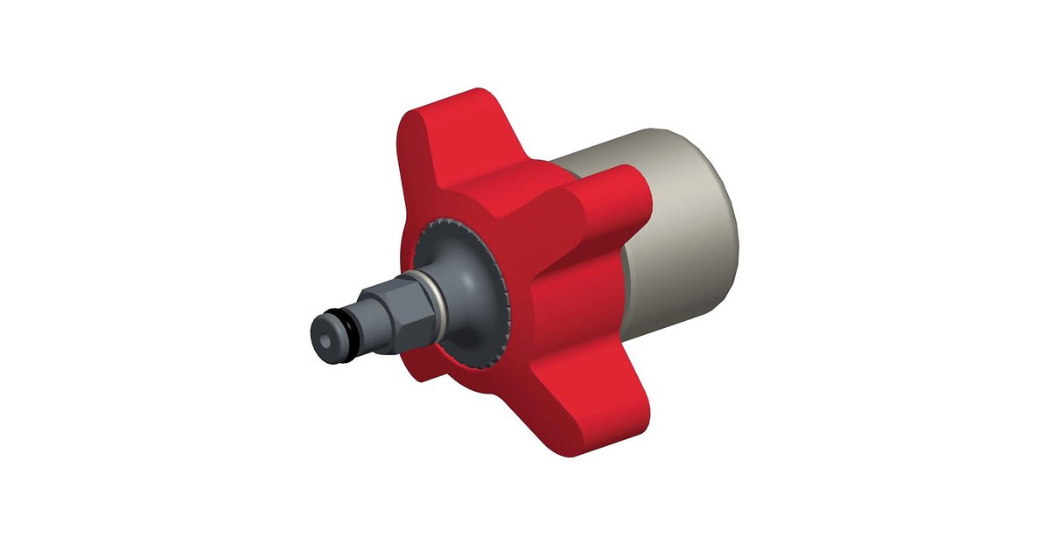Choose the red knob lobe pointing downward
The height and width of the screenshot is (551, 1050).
(604, 402)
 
